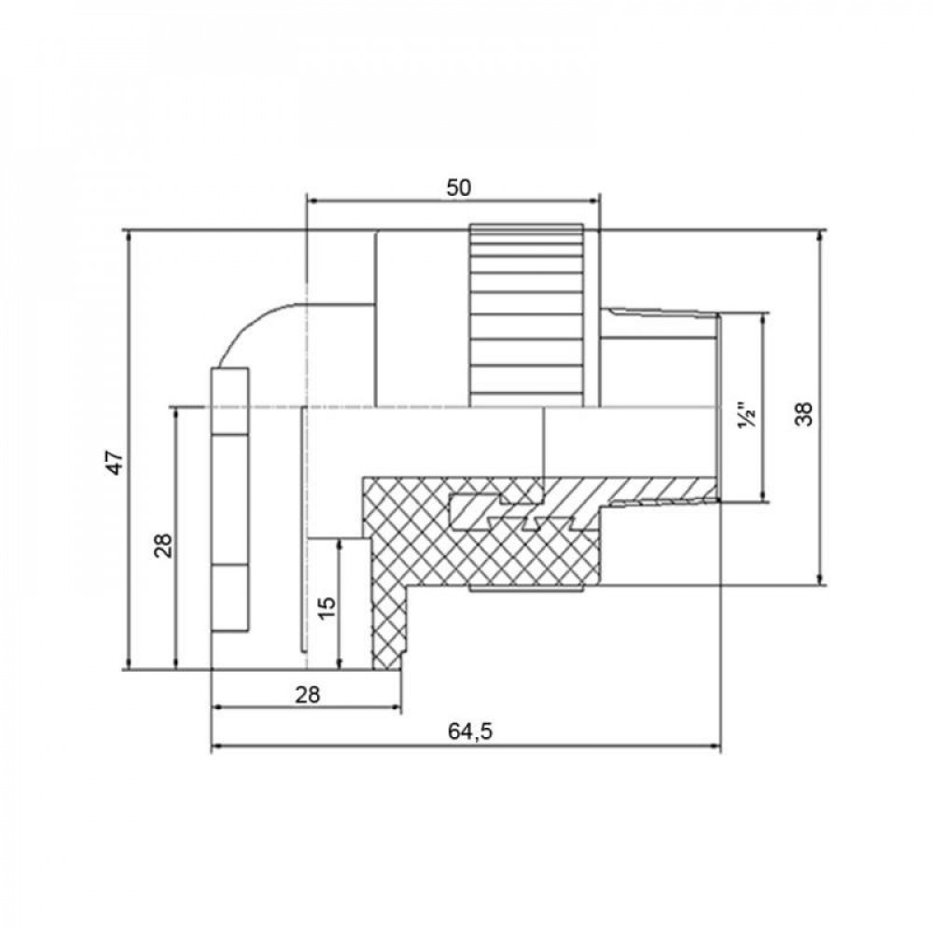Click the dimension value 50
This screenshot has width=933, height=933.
point(457,187)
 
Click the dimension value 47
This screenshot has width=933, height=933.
point(114,462)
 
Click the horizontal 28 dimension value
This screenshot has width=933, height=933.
point(307,694)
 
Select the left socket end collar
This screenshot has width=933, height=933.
point(230,504)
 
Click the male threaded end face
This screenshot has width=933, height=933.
point(719,408)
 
